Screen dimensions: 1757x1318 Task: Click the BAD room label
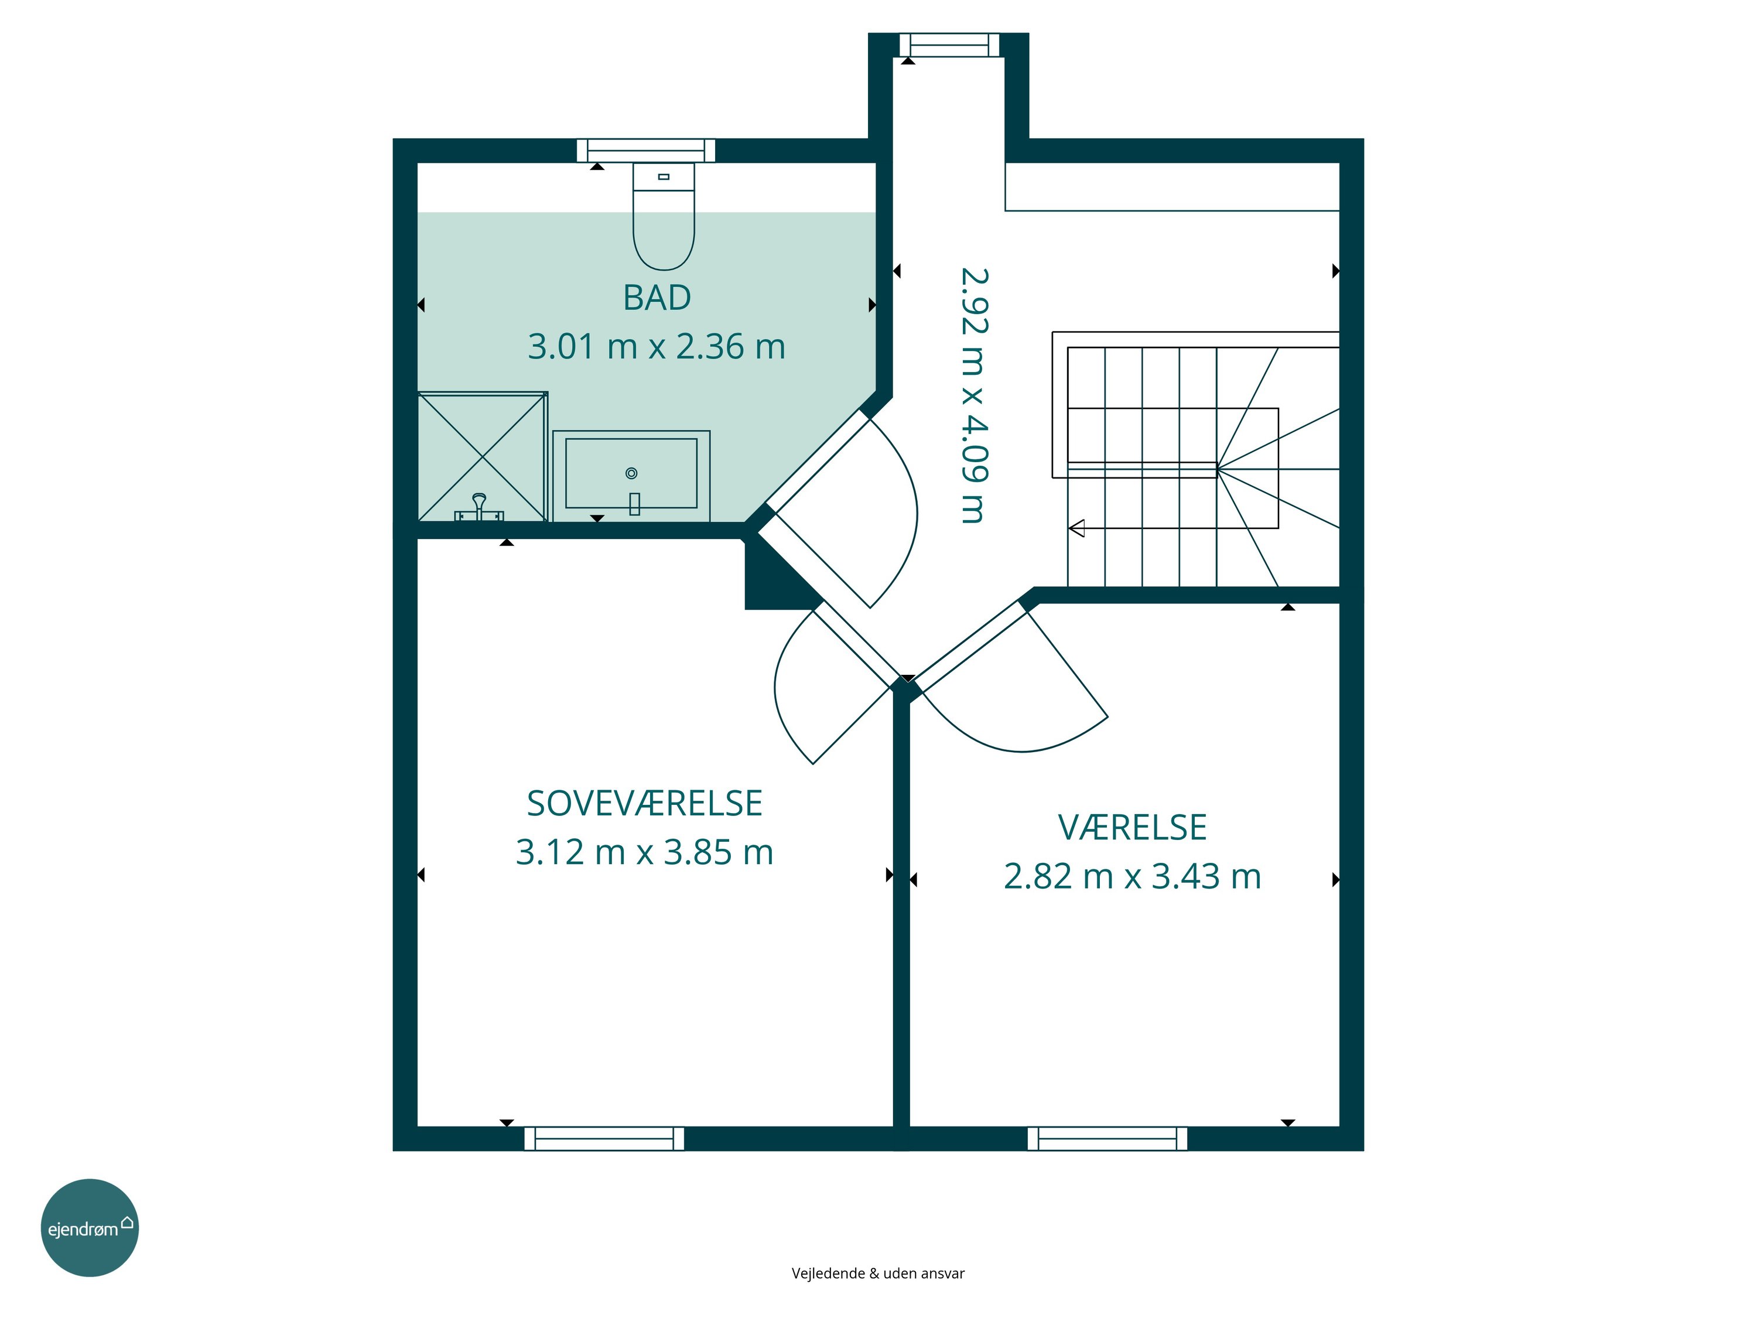pyautogui.click(x=657, y=298)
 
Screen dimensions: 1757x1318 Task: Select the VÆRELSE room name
pyautogui.click(x=1132, y=828)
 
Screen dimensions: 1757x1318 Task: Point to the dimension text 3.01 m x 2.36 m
pyautogui.click(x=657, y=346)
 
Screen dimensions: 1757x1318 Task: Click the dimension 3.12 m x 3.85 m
pyautogui.click(x=644, y=852)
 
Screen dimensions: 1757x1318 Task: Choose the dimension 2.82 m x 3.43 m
pyautogui.click(x=1132, y=876)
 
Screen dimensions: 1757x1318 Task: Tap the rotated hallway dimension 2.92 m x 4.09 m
pyautogui.click(x=974, y=395)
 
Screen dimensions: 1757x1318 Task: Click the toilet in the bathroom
pyautogui.click(x=663, y=216)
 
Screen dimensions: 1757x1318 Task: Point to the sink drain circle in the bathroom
pyautogui.click(x=631, y=473)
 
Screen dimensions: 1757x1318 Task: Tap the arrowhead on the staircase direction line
pyautogui.click(x=1077, y=528)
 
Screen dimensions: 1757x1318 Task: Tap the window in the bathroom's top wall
pyautogui.click(x=646, y=150)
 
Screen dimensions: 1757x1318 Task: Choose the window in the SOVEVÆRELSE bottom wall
pyautogui.click(x=604, y=1138)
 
